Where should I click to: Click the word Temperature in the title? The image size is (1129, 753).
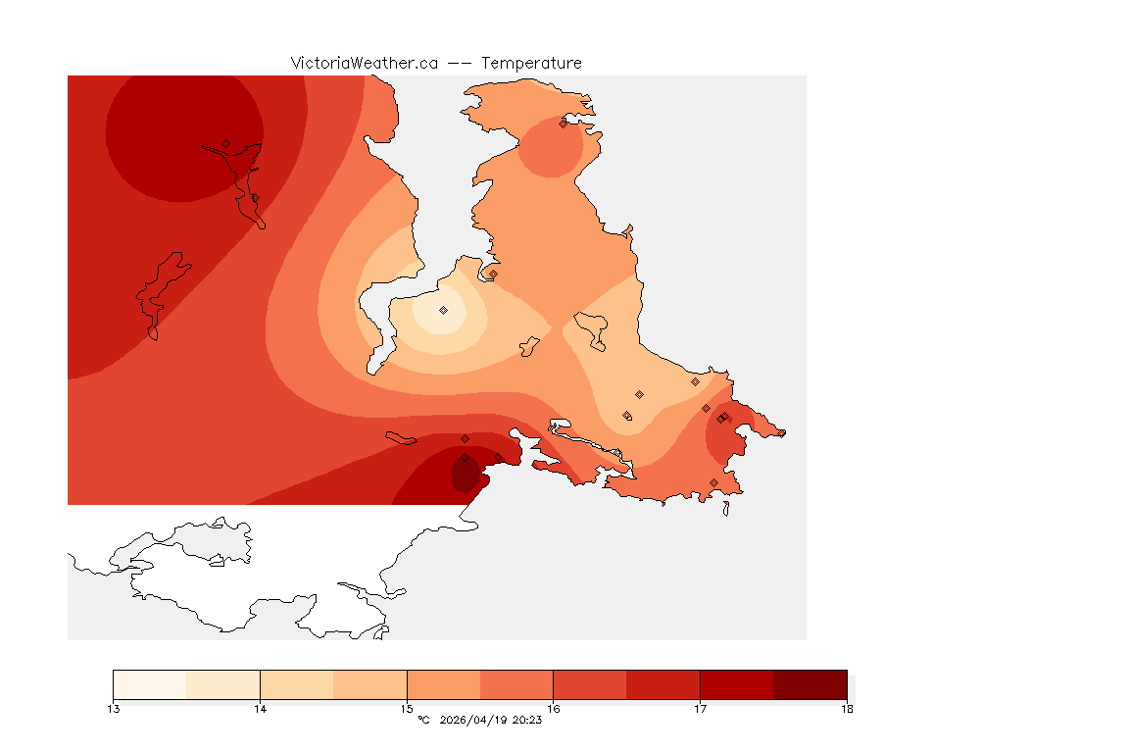pos(531,63)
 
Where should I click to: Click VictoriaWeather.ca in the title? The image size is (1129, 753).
pos(364,63)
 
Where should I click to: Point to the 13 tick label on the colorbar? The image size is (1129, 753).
pos(114,709)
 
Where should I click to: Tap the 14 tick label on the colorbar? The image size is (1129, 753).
pos(260,709)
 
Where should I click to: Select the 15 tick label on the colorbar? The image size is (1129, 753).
pos(407,709)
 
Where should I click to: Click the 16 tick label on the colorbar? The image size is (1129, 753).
pos(554,709)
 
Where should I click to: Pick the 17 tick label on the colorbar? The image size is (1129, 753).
pos(700,709)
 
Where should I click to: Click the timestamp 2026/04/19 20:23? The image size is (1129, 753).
pos(491,721)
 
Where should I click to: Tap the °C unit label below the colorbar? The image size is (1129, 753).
pos(423,721)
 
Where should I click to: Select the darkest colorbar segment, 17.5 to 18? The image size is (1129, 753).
pos(810,684)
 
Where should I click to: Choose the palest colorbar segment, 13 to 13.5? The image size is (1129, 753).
pos(150,684)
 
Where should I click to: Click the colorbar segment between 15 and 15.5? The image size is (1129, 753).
pos(443,684)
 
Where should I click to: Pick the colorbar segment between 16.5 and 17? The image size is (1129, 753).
pos(663,684)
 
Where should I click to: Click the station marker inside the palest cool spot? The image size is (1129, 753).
pos(443,310)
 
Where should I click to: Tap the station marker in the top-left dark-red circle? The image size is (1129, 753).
pos(225,143)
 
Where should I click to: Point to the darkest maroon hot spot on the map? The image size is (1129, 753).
pos(465,475)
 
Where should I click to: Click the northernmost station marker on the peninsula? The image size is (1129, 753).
pos(563,124)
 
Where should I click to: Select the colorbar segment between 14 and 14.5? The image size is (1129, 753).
pos(296,684)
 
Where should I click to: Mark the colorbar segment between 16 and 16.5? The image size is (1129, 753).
pos(590,684)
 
